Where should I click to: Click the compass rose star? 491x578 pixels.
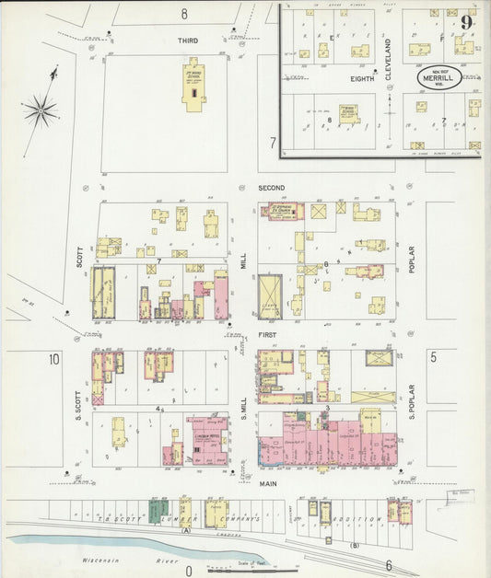tap(41, 112)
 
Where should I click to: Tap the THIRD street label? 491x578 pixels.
tap(188, 41)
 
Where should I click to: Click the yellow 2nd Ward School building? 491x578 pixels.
tap(194, 87)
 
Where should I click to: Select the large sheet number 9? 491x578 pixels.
tap(468, 22)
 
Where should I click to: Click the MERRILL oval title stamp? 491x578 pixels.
tap(438, 80)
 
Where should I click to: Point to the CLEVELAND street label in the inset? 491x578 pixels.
tap(389, 57)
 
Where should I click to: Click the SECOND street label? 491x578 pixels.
tap(272, 188)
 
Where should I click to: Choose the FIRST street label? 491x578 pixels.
tap(267, 336)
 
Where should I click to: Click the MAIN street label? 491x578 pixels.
tap(268, 482)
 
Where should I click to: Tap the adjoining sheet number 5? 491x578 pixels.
tap(432, 355)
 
